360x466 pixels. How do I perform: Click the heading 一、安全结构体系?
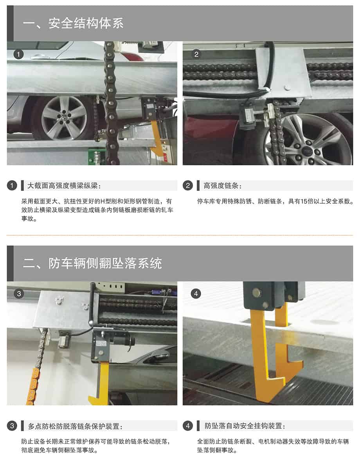point(73,23)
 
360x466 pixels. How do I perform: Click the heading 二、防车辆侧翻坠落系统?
point(92,263)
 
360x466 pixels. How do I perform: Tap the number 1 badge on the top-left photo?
point(18,54)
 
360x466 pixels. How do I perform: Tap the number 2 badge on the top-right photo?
point(196,54)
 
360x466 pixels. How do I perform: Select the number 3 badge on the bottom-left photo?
point(19,294)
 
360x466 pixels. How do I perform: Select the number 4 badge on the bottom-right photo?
point(196,294)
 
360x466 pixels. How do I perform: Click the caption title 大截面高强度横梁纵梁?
point(64,186)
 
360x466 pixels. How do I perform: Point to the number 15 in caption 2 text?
point(304,201)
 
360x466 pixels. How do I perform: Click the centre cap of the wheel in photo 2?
point(306,151)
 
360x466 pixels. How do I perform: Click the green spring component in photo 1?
point(96,157)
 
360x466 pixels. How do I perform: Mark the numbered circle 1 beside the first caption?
point(12,186)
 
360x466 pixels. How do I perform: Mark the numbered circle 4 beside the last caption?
point(187,426)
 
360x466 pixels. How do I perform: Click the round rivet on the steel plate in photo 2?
point(287,88)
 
